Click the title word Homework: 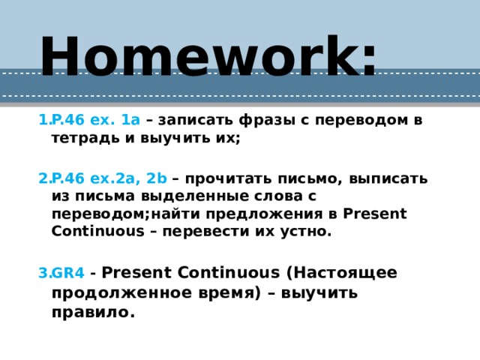pos(208,57)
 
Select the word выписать pos(391,178)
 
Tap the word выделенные pos(199,196)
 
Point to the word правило pos(93,313)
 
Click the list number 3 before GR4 pos(42,272)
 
